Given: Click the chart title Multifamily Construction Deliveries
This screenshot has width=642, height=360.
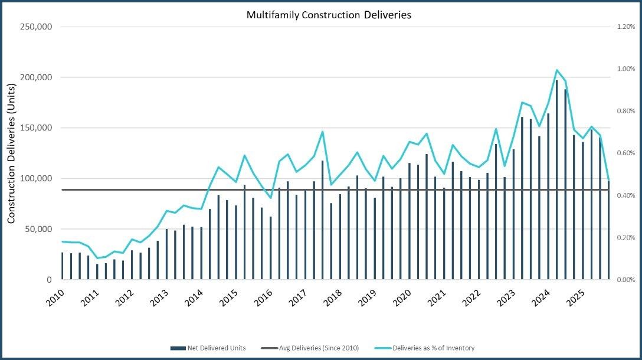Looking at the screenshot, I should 329,15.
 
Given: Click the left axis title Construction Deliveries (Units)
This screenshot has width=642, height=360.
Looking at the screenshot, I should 11,153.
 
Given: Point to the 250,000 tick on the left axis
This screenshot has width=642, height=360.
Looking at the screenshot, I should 37,27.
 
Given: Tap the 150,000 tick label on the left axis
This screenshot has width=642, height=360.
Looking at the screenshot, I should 37,128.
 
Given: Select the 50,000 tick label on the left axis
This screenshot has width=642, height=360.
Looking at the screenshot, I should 40,229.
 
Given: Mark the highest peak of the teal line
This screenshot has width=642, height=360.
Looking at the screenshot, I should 556,70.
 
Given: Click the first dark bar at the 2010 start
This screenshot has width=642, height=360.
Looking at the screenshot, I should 63,266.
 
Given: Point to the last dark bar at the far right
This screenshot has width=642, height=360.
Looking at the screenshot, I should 608,230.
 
